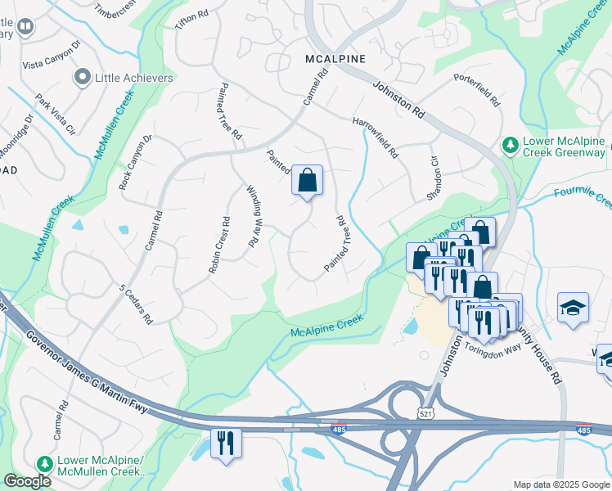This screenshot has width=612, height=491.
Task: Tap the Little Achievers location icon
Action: tap(82, 78)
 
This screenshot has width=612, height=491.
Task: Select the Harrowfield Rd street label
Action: tap(375, 137)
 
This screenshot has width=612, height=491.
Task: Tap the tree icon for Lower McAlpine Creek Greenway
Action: tap(511, 145)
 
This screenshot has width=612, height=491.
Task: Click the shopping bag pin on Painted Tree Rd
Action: tap(307, 181)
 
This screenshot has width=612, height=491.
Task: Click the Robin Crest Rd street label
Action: tap(218, 245)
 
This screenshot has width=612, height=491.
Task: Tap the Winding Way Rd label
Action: tap(258, 216)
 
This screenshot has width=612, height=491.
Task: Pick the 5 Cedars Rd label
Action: tap(137, 304)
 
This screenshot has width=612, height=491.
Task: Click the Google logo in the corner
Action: tap(29, 481)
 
